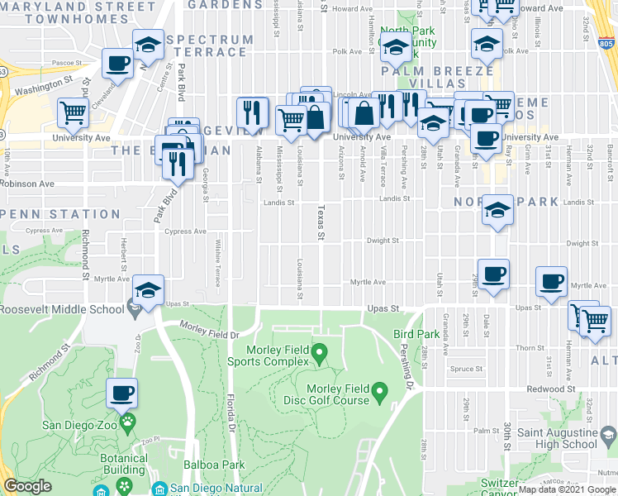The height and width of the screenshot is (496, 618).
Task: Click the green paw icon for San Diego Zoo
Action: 127,424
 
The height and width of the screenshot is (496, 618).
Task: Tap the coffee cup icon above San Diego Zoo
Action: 121,394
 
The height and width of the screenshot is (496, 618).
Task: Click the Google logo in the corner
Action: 27,486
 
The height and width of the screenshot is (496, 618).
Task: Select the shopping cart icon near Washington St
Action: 74,113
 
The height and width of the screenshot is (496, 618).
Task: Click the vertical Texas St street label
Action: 321,223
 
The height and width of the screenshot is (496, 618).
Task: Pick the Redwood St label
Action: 559,389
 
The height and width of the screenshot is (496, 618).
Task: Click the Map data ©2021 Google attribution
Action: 566,489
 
